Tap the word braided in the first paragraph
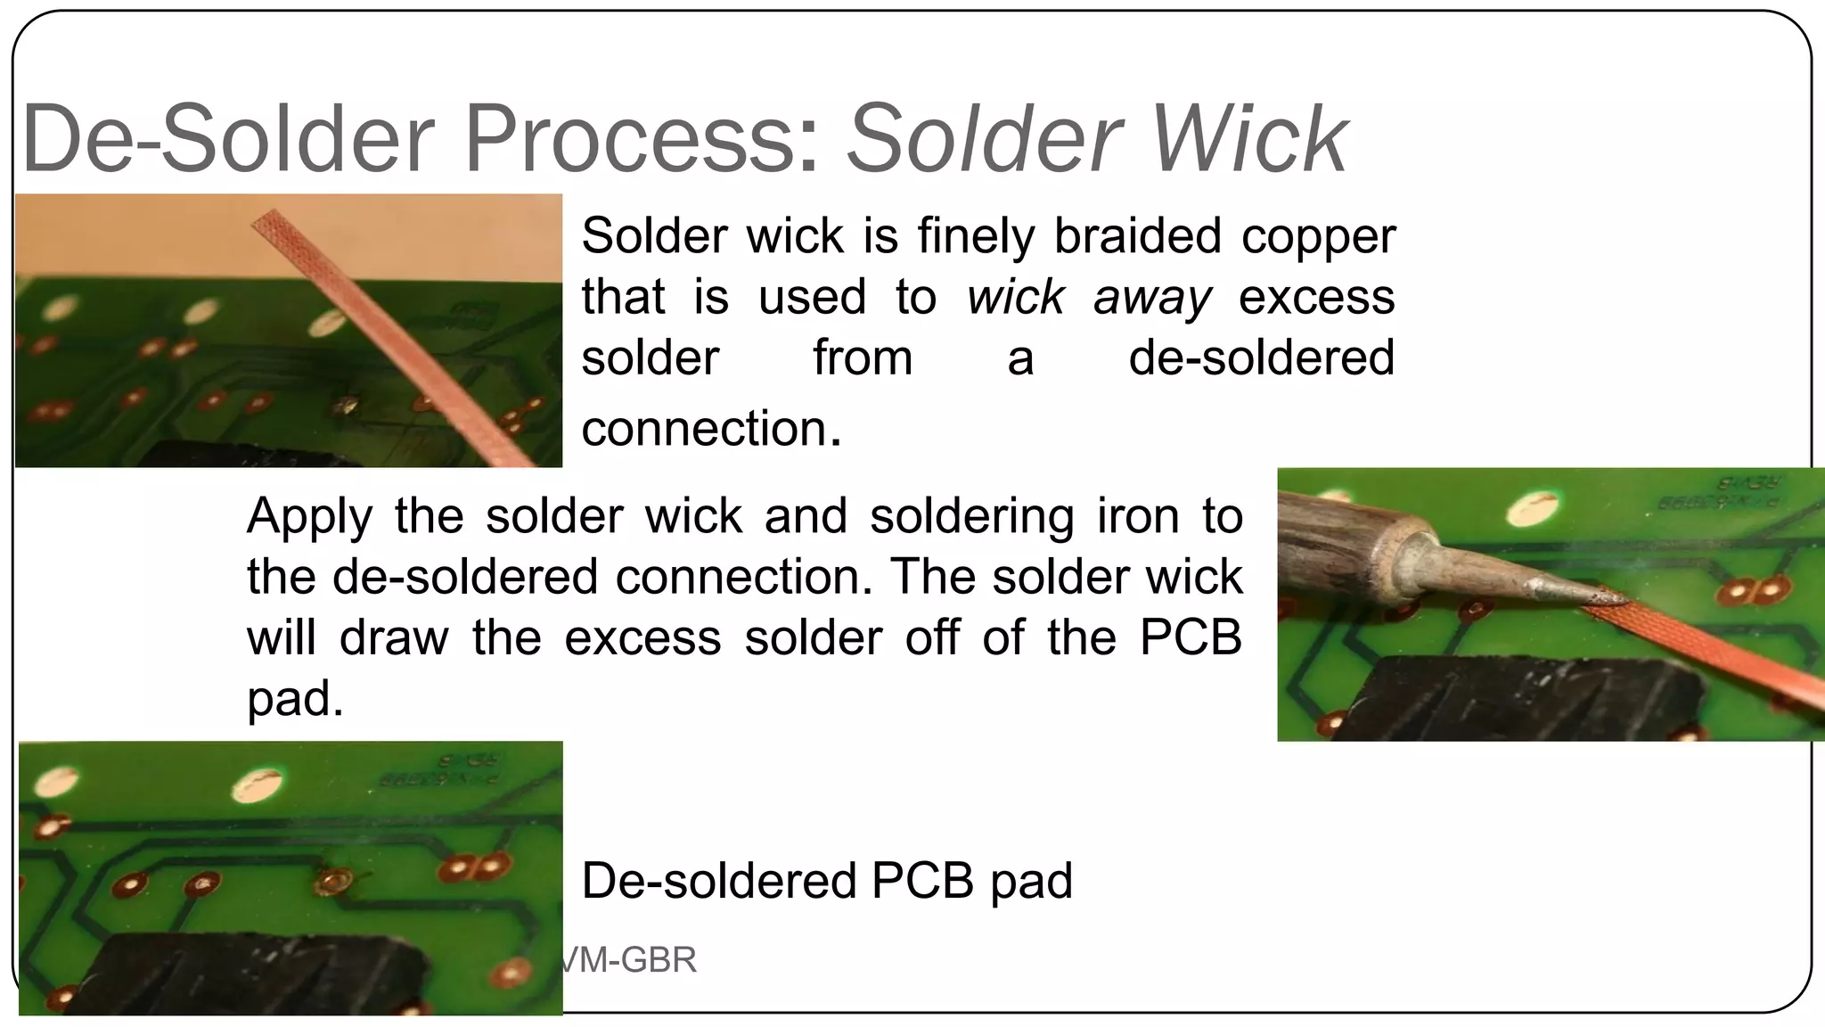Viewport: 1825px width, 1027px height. click(1137, 236)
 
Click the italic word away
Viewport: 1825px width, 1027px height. click(1151, 298)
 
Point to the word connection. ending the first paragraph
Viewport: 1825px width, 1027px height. click(710, 429)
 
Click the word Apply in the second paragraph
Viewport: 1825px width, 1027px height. click(309, 517)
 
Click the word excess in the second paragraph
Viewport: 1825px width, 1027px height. click(642, 638)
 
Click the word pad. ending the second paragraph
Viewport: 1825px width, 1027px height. click(295, 699)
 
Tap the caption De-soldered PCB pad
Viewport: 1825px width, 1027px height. click(826, 881)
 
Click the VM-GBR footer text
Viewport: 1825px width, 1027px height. click(630, 960)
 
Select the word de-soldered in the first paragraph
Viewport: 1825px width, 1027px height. click(1260, 358)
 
